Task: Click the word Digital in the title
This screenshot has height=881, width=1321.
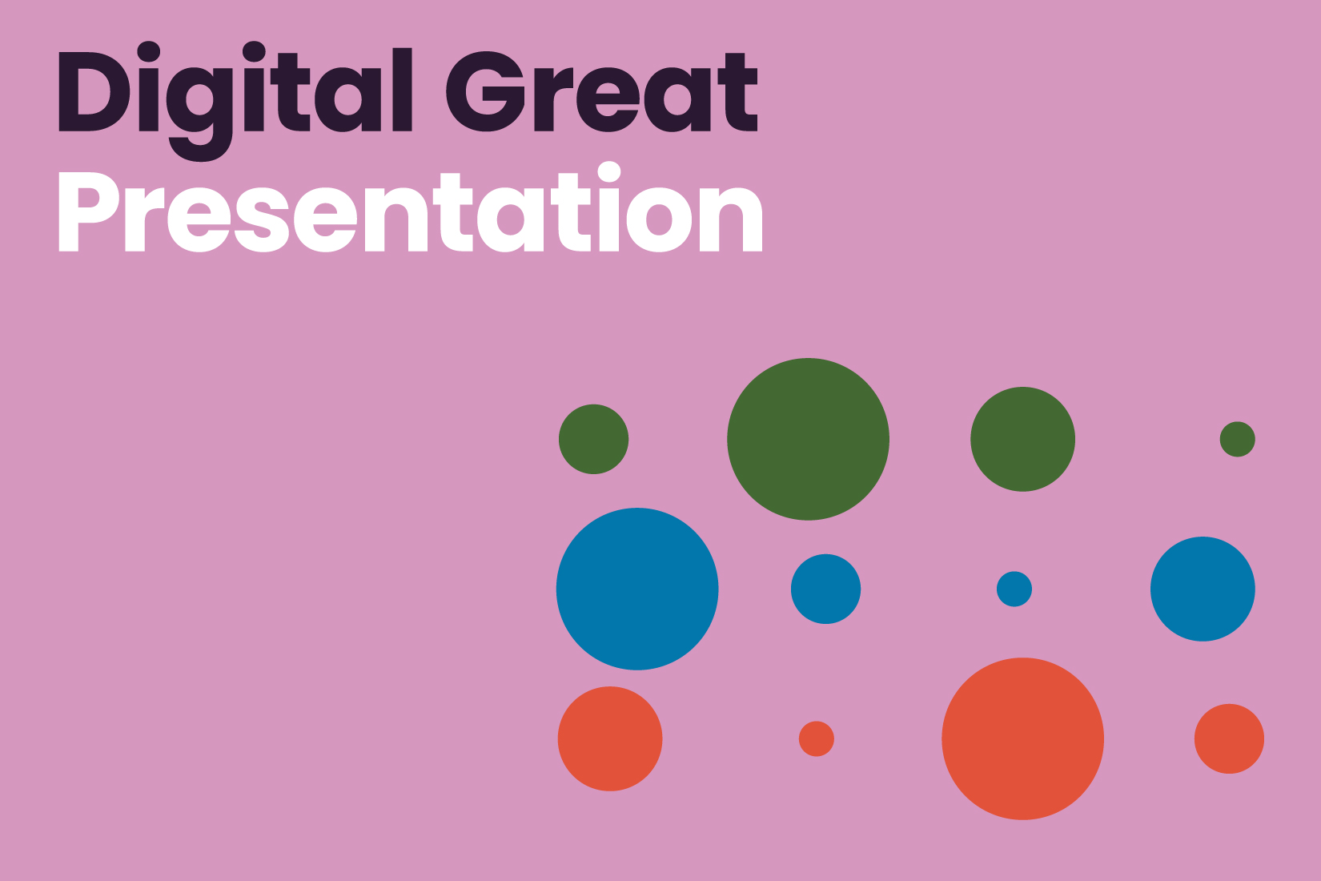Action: [235, 100]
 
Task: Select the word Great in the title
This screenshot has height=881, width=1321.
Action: [601, 91]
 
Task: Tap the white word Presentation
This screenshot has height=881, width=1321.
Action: [411, 207]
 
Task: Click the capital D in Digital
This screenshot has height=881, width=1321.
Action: [93, 91]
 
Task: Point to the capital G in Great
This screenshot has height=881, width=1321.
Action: [485, 91]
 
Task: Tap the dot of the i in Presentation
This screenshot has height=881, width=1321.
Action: [609, 172]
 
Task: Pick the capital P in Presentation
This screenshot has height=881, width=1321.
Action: [89, 212]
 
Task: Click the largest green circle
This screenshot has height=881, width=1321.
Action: [808, 439]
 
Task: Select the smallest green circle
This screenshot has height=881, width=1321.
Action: [1237, 439]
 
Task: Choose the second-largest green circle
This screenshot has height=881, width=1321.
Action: [1022, 439]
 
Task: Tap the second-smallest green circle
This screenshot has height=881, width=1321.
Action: [593, 439]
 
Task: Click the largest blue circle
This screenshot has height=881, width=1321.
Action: [637, 589]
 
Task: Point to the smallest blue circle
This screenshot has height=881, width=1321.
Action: [1014, 589]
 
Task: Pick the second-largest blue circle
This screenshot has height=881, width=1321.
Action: [1203, 589]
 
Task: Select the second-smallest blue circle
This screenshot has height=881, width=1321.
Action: [825, 589]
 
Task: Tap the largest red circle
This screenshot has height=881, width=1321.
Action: [1022, 738]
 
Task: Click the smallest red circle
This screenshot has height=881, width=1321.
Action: [816, 738]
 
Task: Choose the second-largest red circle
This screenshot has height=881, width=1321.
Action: [610, 738]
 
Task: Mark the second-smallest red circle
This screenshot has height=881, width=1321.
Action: [1229, 738]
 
